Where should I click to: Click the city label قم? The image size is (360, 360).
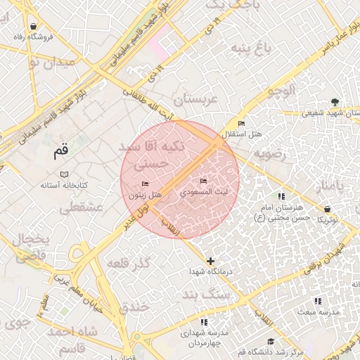click(62, 150)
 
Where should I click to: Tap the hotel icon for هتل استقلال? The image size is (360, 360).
click(242, 124)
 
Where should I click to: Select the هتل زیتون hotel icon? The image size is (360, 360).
click(145, 184)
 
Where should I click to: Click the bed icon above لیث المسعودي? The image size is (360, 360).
click(205, 181)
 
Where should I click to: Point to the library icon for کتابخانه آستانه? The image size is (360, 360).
click(64, 174)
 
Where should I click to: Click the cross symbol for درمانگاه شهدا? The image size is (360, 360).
click(210, 261)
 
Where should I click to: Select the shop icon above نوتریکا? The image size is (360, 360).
click(328, 210)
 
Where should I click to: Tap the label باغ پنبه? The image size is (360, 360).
click(251, 49)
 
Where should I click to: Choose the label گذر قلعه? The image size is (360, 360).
click(129, 263)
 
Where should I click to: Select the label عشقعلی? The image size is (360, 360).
click(82, 208)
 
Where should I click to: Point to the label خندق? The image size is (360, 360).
click(134, 307)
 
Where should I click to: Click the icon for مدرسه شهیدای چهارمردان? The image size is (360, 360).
click(202, 322)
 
